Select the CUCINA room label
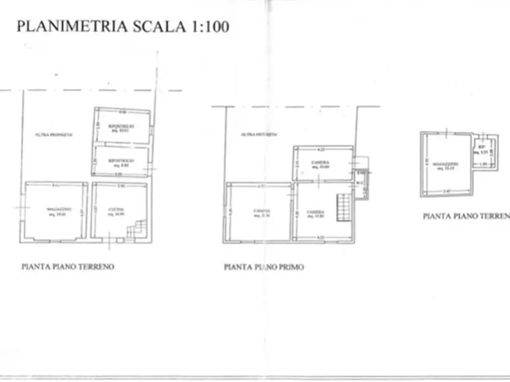pos(118,210)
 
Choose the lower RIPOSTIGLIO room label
pos(122,161)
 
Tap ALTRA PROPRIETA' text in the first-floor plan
pos(258,135)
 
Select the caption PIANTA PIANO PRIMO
pos(264,266)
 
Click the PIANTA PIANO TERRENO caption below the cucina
pos(68,266)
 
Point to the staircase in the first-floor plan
pos(343,206)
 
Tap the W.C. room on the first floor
pos(360,183)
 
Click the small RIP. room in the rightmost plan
pos(482,149)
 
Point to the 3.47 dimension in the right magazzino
pos(445,190)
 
